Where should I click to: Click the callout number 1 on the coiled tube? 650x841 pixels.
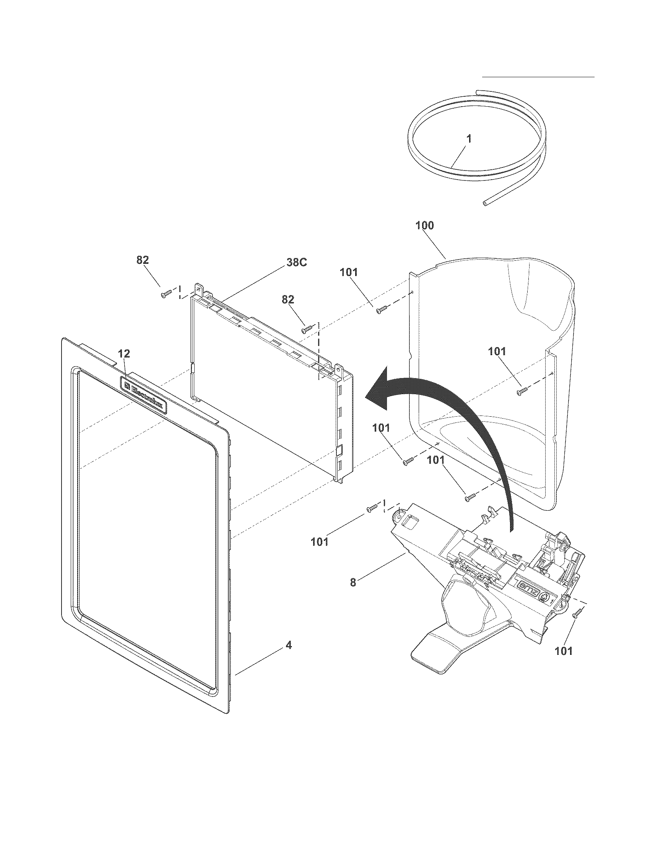(x=469, y=139)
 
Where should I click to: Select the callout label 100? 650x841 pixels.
(x=424, y=226)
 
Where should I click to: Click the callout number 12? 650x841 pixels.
(x=124, y=353)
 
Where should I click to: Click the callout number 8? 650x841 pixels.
(x=353, y=583)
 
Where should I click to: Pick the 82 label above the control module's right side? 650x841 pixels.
(x=288, y=300)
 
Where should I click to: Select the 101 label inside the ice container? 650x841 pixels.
(x=497, y=351)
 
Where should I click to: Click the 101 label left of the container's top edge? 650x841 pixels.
(x=348, y=272)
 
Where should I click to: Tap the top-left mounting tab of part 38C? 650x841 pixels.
(x=199, y=290)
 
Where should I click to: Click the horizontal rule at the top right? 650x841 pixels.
(x=538, y=77)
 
